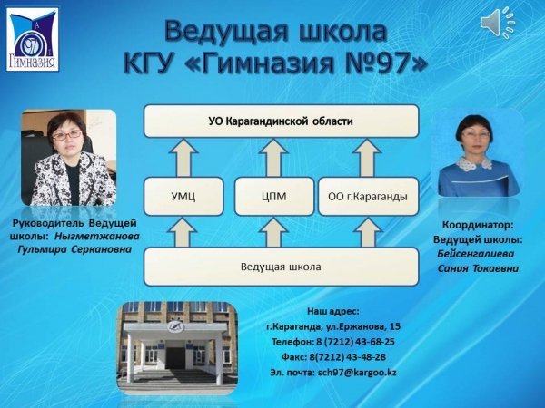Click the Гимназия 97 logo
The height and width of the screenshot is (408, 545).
click(33, 40)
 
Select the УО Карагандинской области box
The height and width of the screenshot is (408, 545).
click(282, 121)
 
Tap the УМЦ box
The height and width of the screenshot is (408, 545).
click(183, 197)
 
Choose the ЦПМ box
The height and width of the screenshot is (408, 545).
click(274, 197)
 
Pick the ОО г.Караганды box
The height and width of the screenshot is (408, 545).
click(369, 197)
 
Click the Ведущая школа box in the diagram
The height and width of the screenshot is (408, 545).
click(282, 267)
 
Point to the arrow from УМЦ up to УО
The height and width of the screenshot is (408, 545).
click(183, 158)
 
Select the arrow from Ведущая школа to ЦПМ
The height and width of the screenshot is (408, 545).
click(274, 232)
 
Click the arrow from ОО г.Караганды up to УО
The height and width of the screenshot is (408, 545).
click(367, 158)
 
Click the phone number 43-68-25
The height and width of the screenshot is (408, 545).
click(375, 342)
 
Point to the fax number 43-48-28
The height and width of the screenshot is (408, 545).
click(366, 357)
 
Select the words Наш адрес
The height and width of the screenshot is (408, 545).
click(333, 312)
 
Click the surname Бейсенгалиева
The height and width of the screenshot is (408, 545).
click(476, 254)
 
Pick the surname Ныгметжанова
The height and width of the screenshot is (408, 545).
click(97, 237)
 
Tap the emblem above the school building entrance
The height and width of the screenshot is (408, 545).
click(176, 326)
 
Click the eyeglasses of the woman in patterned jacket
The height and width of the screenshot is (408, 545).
click(67, 135)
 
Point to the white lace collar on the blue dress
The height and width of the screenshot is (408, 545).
click(474, 163)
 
